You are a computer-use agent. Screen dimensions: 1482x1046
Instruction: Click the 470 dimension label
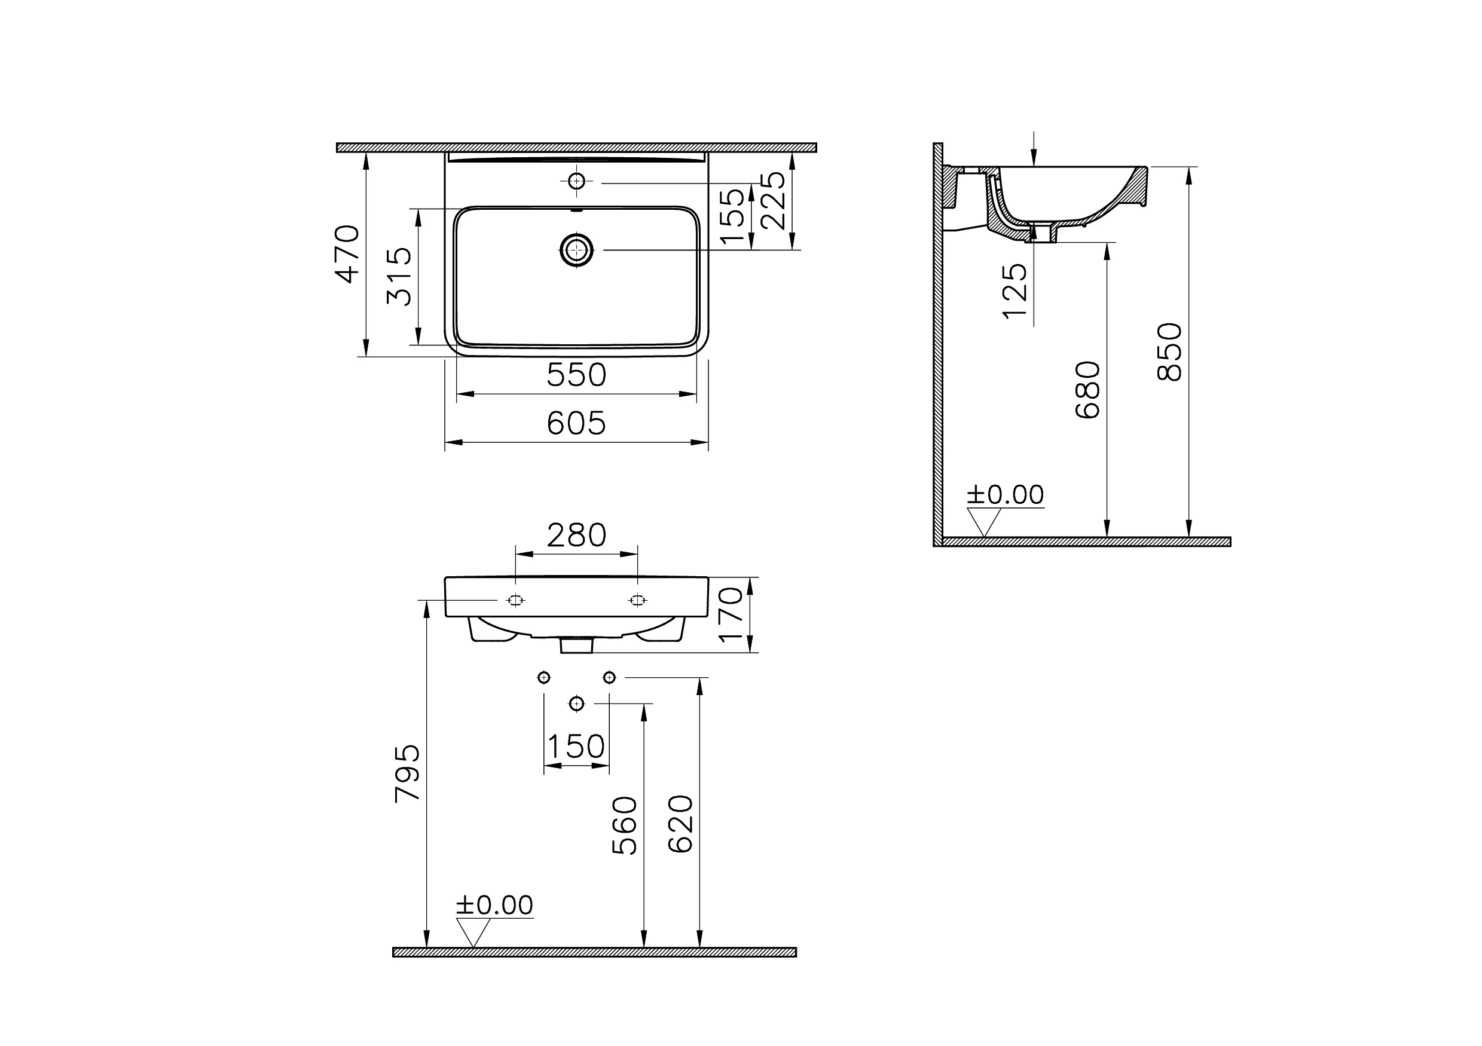pyautogui.click(x=347, y=253)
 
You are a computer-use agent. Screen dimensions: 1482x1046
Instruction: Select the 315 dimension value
pyautogui.click(x=399, y=276)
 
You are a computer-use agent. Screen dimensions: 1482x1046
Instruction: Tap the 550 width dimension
pyautogui.click(x=576, y=375)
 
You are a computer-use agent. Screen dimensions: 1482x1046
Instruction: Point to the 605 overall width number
pyautogui.click(x=576, y=423)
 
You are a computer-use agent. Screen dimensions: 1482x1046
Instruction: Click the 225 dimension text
pyautogui.click(x=772, y=200)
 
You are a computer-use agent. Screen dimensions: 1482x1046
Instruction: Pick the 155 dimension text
pyautogui.click(x=732, y=216)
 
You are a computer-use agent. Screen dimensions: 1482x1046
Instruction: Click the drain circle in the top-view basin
pyautogui.click(x=576, y=250)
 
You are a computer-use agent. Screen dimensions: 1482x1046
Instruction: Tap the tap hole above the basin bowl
pyautogui.click(x=576, y=181)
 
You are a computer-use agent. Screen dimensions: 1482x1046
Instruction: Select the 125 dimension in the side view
pyautogui.click(x=1015, y=290)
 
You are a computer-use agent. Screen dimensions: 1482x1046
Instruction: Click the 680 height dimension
pyautogui.click(x=1088, y=390)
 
